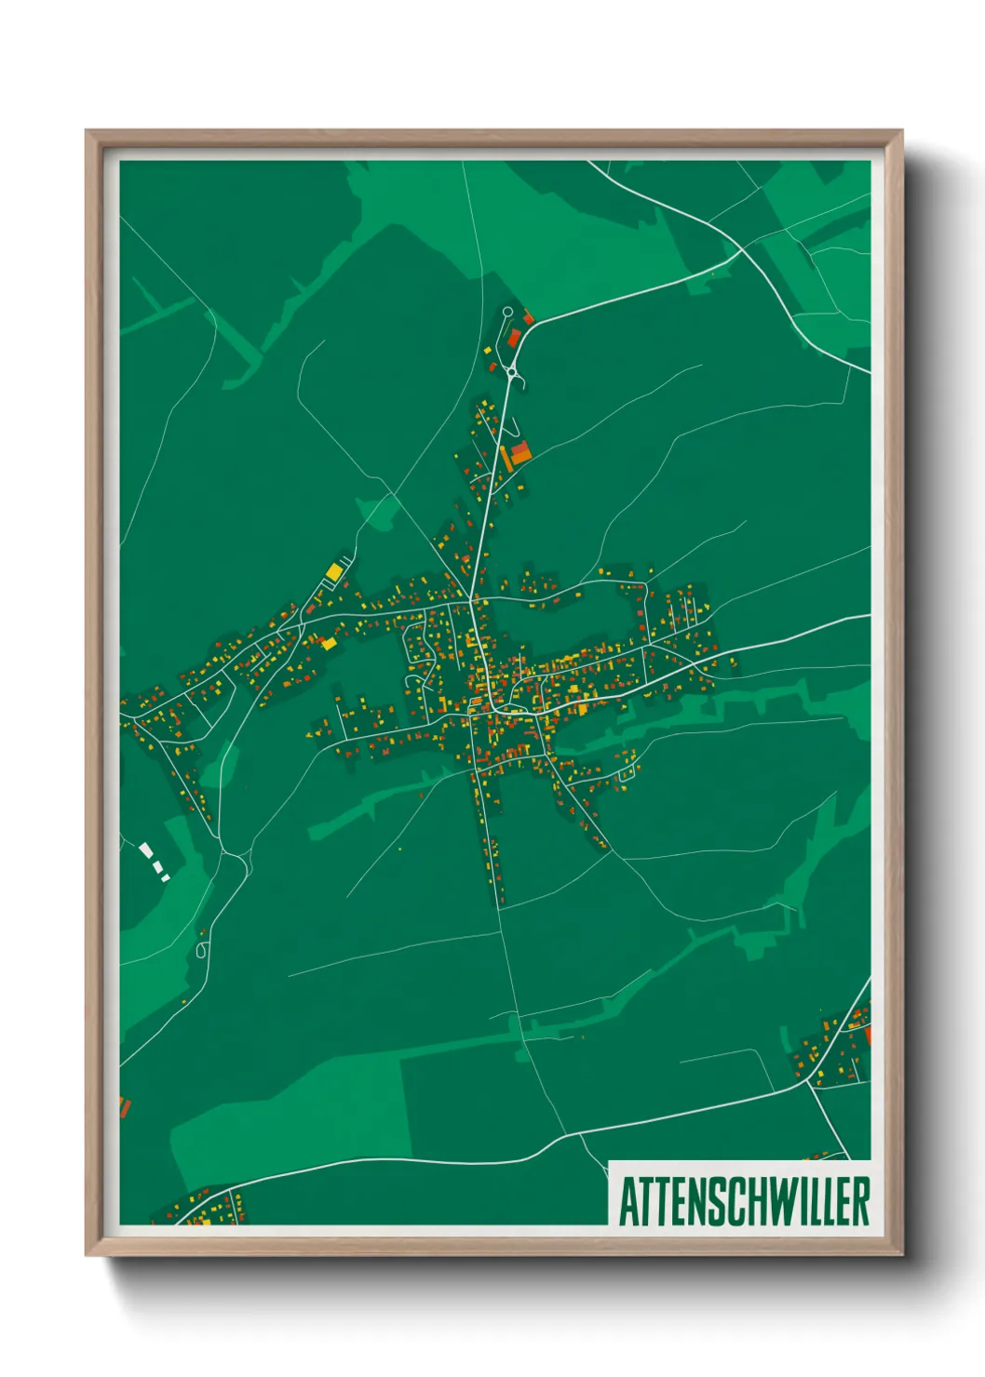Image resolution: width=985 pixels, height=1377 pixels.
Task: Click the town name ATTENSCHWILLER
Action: click(744, 1201)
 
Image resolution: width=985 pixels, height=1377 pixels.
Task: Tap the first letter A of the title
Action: click(627, 1201)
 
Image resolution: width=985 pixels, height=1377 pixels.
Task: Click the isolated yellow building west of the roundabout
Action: click(486, 350)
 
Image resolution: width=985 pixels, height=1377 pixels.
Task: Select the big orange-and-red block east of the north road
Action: click(520, 452)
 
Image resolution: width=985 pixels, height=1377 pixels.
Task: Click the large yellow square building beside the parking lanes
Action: click(333, 571)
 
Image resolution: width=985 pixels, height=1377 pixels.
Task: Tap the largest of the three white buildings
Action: click(146, 849)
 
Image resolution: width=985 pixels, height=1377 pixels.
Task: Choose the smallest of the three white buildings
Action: click(166, 877)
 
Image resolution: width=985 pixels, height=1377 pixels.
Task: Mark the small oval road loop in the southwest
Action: click(202, 950)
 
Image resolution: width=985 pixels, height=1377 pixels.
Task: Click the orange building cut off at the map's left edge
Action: click(124, 1107)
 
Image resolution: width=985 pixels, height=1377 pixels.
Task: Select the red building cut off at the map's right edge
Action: click(867, 1034)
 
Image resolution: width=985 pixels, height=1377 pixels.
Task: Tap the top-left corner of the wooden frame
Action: click(87, 131)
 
